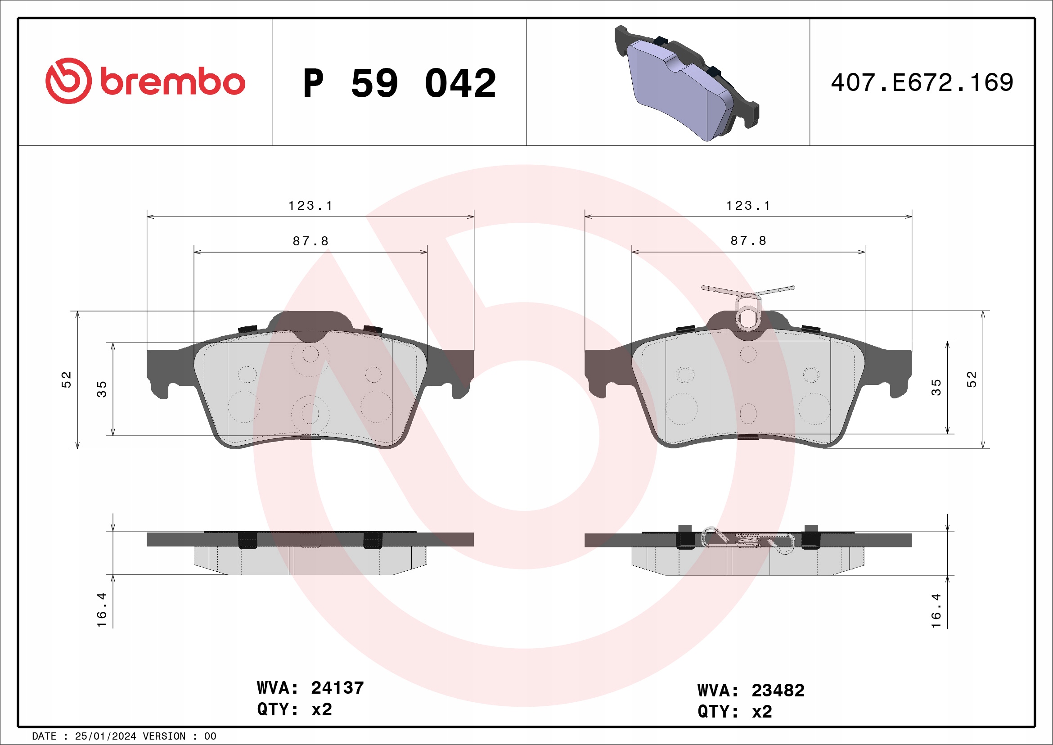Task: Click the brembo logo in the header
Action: (x=145, y=81)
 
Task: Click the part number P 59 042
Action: (x=399, y=83)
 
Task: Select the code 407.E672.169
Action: (x=922, y=83)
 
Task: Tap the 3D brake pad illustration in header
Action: (x=687, y=83)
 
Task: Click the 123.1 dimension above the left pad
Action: (x=310, y=206)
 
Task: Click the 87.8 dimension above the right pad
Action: (x=748, y=241)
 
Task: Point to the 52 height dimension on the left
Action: (x=67, y=380)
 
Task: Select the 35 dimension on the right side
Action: (x=936, y=388)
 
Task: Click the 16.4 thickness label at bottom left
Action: (x=101, y=610)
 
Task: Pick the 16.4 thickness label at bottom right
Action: (x=936, y=611)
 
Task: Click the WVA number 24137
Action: (x=337, y=688)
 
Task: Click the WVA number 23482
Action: (x=778, y=691)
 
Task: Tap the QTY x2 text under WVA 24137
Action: (x=294, y=710)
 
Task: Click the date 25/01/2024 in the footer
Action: (x=105, y=736)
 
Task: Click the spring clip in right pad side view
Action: (x=747, y=540)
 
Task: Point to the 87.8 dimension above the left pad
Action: (x=310, y=241)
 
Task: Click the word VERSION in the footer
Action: (x=164, y=736)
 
